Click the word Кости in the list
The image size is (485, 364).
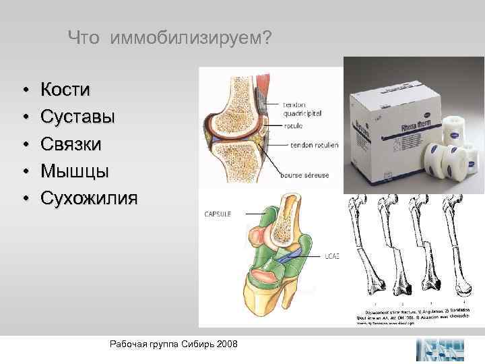coord(66,90)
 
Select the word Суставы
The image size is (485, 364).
coord(77,117)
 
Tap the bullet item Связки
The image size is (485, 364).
coord(71,144)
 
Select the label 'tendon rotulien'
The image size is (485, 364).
coord(315,145)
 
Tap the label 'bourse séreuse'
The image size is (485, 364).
coord(306,175)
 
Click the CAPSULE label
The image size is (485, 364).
coord(218,214)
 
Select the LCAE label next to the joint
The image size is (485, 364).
coord(331,255)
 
